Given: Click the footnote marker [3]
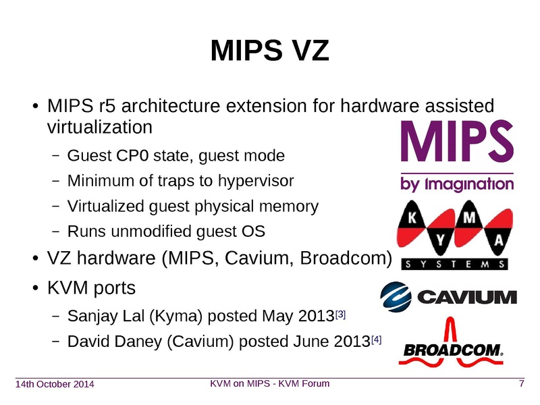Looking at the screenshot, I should point(341,315).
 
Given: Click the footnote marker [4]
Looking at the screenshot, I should point(377,340).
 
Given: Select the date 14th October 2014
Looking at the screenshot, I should point(55,385).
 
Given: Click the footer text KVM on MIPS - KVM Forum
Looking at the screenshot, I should point(270,384).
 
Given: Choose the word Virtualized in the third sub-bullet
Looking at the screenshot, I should point(103,207).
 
